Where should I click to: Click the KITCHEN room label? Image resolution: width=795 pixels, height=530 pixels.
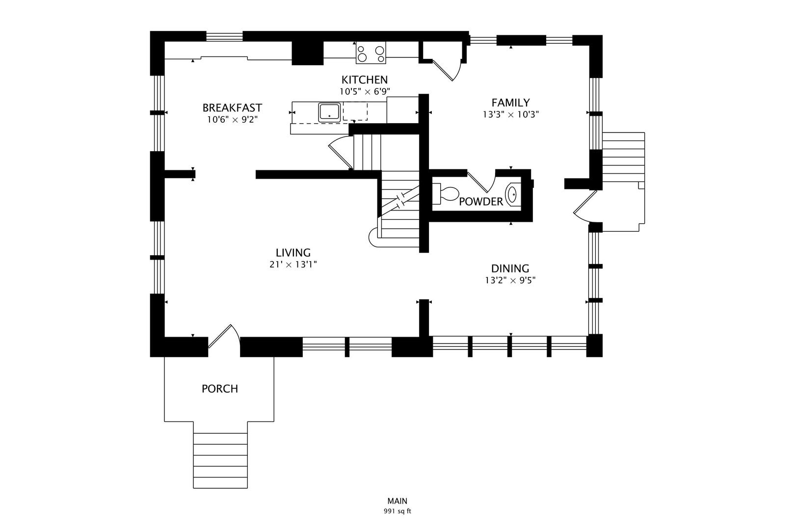[x=365, y=79]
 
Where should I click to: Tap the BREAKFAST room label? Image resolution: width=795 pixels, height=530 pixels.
[x=232, y=107]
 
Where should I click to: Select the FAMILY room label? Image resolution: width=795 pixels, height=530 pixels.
[x=511, y=103]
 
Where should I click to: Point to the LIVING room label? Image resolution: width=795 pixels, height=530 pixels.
[x=293, y=253]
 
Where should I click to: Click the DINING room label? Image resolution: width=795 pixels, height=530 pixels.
[x=510, y=268]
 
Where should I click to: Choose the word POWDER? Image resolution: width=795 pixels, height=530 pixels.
[x=481, y=202]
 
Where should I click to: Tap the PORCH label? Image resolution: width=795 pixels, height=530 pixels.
[x=220, y=389]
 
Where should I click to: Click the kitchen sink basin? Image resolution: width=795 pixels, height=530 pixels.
[x=329, y=112]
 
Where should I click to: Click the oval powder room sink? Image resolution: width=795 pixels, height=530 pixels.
[x=512, y=195]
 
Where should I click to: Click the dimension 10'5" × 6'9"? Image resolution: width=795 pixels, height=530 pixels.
[x=365, y=91]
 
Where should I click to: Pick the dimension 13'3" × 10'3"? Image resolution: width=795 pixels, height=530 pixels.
[x=511, y=114]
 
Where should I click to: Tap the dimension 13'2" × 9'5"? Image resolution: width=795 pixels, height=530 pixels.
[x=510, y=281]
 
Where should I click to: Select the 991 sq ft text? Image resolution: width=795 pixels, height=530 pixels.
[x=397, y=511]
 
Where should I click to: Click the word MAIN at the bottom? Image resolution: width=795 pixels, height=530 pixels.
[x=397, y=501]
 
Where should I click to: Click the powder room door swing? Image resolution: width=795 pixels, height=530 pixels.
[x=481, y=182]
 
